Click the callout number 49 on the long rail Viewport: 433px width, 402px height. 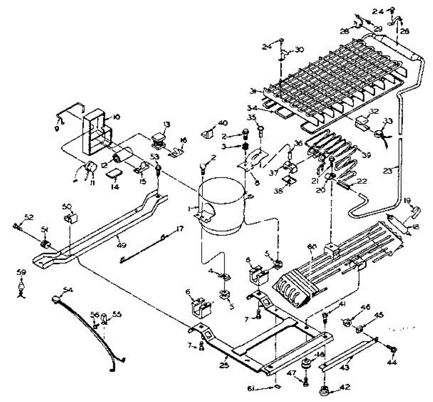click(122, 245)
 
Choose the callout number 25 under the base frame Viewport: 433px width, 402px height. click(226, 358)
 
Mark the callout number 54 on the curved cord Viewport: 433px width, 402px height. click(67, 289)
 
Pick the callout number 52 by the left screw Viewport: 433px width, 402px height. click(29, 217)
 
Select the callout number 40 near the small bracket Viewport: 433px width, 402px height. click(223, 123)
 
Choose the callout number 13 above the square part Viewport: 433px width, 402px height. click(166, 125)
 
